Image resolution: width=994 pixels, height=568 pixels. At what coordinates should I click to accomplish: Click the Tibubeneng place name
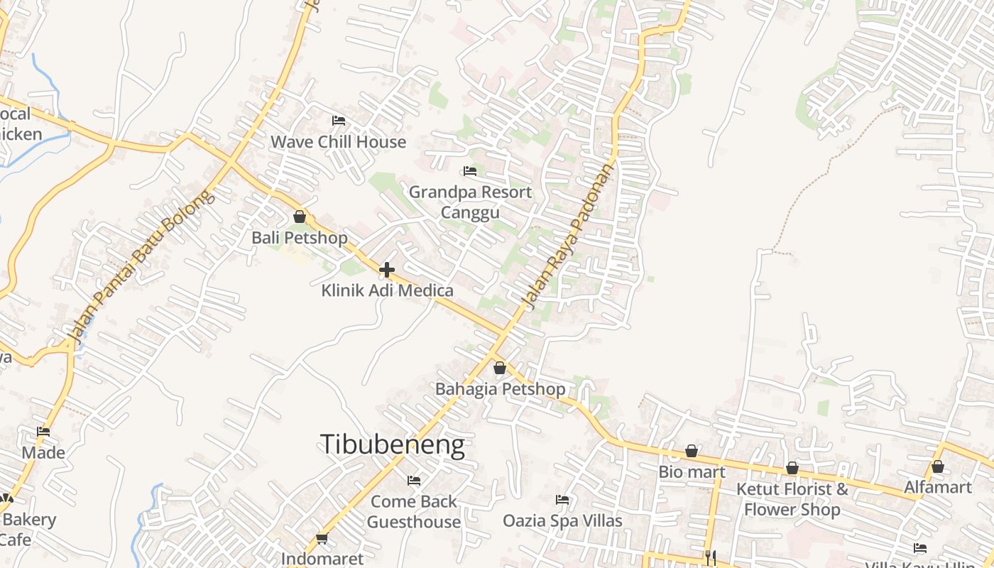click(x=393, y=444)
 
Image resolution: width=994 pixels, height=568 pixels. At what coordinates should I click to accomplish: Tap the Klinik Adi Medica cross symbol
click(x=387, y=270)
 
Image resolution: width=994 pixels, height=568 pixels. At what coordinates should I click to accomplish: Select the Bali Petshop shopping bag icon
click(x=300, y=217)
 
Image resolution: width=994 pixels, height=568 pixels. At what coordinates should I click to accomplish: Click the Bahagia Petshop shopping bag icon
click(x=500, y=368)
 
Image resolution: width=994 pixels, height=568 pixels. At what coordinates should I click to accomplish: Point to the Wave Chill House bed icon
click(x=339, y=121)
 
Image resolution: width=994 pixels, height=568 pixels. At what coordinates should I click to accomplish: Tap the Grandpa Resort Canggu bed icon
click(x=469, y=171)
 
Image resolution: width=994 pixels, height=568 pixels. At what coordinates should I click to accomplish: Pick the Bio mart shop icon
click(x=692, y=451)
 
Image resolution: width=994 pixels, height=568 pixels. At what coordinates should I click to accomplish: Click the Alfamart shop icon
click(x=938, y=466)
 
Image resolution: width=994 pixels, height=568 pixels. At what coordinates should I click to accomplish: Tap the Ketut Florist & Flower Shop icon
click(x=792, y=468)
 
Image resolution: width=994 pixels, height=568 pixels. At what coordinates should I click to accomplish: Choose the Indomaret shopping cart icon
click(x=322, y=538)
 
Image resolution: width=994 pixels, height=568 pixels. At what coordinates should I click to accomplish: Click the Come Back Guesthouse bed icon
click(x=414, y=481)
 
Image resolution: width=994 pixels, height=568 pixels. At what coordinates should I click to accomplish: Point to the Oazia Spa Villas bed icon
click(x=562, y=500)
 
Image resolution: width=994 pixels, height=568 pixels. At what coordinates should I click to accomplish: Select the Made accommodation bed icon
click(x=43, y=432)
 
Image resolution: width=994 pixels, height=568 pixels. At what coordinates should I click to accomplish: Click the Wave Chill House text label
click(x=338, y=141)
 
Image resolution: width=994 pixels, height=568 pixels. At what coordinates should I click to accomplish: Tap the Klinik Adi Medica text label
click(x=387, y=290)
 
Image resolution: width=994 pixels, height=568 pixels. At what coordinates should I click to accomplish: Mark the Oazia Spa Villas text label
click(x=562, y=521)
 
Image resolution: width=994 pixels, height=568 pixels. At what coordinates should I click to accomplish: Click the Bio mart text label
click(x=692, y=471)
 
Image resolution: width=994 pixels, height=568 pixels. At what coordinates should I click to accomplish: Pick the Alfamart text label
click(x=937, y=487)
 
